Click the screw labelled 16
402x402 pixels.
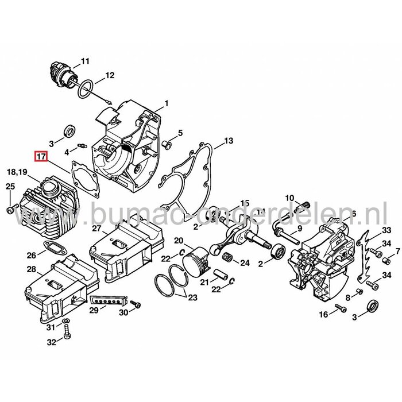339,310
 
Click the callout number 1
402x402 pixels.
166,103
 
